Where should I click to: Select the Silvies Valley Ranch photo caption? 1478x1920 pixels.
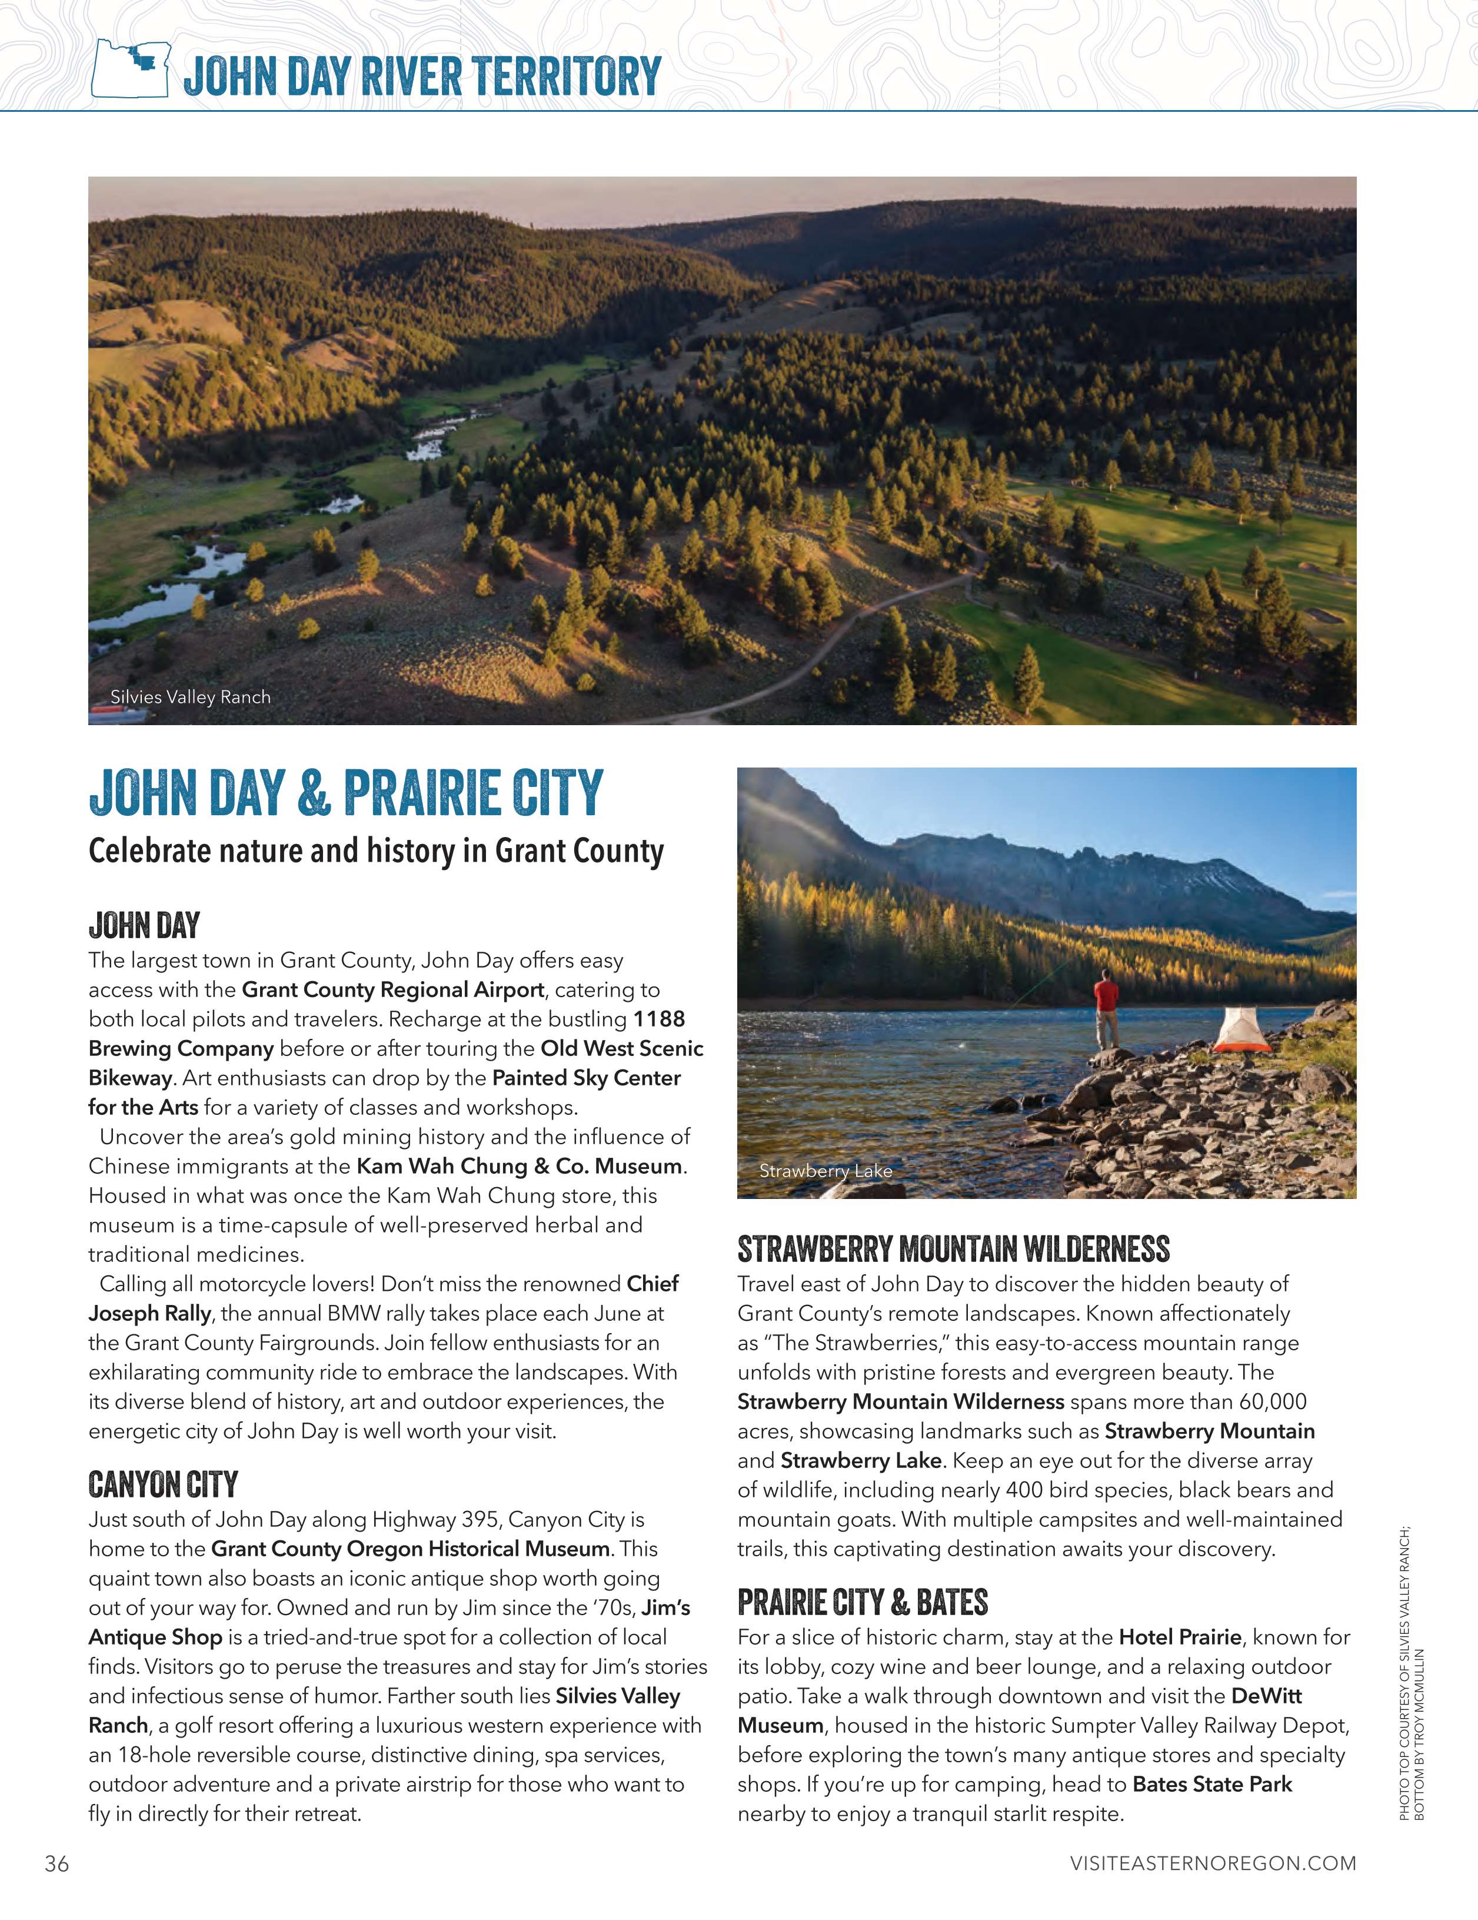click(190, 697)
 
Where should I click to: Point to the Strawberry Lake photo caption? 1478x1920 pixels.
click(825, 1171)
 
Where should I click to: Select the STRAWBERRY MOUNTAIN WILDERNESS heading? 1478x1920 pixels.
click(953, 1249)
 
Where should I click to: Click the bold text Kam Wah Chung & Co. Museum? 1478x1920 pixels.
click(520, 1167)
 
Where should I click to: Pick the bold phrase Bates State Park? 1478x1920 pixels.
click(1213, 1785)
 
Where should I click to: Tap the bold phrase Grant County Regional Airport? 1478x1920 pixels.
click(393, 990)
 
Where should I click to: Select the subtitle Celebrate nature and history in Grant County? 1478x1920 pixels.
click(376, 851)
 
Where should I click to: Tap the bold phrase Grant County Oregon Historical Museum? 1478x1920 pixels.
click(410, 1549)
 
